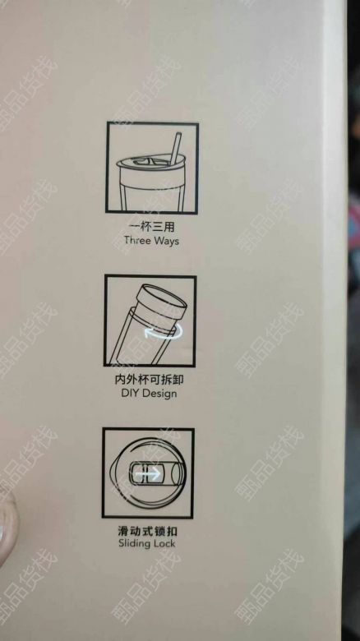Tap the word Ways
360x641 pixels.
[x=166, y=240]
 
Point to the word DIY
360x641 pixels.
[x=129, y=394]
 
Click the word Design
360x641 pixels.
[x=159, y=394]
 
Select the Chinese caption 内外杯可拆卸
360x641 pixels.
[x=149, y=380]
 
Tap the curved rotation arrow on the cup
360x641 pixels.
[x=163, y=332]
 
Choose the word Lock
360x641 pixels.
[x=163, y=543]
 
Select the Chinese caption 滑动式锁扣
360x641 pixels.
[x=147, y=531]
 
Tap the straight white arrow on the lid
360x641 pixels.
[x=148, y=474]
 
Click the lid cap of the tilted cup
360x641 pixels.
[x=163, y=302]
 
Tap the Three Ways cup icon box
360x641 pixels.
[x=152, y=168]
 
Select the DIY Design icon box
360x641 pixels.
[x=150, y=320]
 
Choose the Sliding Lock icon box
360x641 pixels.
[x=148, y=473]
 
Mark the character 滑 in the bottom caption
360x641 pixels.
[x=123, y=531]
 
